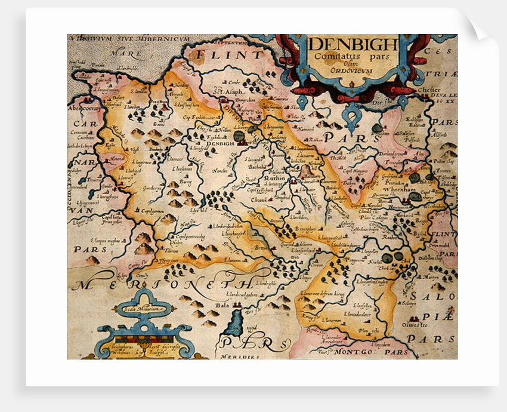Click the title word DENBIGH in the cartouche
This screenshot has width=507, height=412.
coord(353,45)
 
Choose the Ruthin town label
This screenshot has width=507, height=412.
coord(276,177)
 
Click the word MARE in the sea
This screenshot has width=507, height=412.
coord(129,54)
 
